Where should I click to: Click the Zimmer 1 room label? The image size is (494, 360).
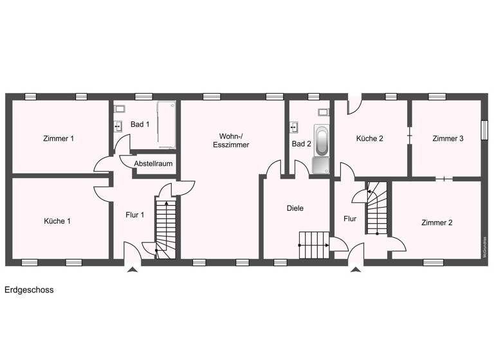coord(59,138)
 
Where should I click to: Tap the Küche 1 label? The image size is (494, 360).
coord(57,221)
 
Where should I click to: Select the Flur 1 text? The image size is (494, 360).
coord(134,215)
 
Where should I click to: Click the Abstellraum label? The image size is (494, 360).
coord(153,164)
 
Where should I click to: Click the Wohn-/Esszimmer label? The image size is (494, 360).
coord(231,140)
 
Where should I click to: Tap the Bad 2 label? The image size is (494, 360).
coord(301,144)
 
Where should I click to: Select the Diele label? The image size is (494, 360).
coord(295,208)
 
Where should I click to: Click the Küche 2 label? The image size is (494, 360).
coord(369,138)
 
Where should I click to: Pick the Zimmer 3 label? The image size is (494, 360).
coord(448,138)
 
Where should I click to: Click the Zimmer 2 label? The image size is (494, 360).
coord(437,223)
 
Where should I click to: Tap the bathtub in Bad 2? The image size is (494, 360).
coord(321,140)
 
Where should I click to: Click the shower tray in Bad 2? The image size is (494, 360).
coord(321,166)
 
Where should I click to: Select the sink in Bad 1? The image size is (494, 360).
coord(118,125)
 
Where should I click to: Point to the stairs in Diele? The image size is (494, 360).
coord(313,244)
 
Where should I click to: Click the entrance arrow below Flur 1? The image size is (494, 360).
coord(133,270)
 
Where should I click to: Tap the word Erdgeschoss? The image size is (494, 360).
coord(29,290)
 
